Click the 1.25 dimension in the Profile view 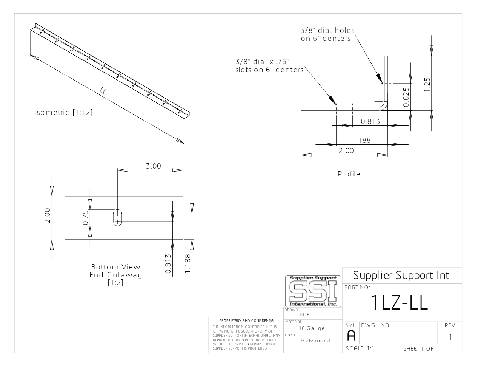(x=427, y=85)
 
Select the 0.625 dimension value (x=406, y=97)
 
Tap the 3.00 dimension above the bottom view (x=154, y=166)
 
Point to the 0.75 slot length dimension (x=85, y=218)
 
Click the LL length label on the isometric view (x=103, y=91)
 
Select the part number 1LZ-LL (x=399, y=302)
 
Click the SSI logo (x=313, y=291)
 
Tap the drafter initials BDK (x=305, y=314)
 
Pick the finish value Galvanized (x=316, y=341)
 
